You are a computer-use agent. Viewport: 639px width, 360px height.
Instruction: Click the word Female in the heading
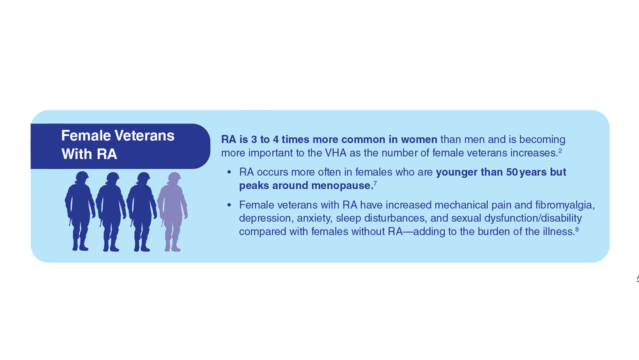86,136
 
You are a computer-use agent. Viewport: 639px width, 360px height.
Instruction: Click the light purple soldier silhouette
173,212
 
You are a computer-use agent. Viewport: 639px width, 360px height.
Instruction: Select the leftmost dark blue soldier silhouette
81,211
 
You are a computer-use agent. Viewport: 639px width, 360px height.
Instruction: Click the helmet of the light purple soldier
174,178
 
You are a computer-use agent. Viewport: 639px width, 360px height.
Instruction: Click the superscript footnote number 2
560,151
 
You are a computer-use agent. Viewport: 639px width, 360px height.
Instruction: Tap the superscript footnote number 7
375,184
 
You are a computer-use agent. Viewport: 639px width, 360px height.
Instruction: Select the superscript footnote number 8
577,230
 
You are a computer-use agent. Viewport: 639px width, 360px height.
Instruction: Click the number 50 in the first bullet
512,172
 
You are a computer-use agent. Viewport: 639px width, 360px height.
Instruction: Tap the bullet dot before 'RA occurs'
229,173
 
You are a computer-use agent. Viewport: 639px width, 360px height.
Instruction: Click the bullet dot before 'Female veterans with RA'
229,205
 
